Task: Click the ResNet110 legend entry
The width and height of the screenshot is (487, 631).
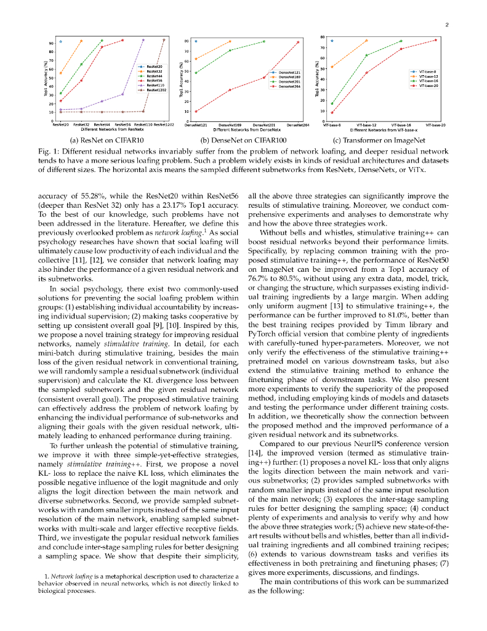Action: coord(154,85)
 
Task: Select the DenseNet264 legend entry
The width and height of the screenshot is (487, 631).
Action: coord(289,86)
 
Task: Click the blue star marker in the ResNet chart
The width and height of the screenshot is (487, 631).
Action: coord(60,41)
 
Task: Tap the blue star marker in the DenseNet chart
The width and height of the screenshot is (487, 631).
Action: coord(196,41)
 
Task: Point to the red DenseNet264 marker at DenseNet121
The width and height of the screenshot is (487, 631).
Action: coord(196,112)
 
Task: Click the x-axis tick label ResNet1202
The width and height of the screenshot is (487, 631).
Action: coord(164,125)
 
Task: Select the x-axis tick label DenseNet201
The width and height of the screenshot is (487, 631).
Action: coord(264,125)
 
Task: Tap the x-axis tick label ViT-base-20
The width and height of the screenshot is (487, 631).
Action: coord(435,125)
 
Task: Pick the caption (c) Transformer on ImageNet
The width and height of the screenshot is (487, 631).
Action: coord(384,140)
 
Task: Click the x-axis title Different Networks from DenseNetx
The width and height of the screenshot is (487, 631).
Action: coord(247,130)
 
